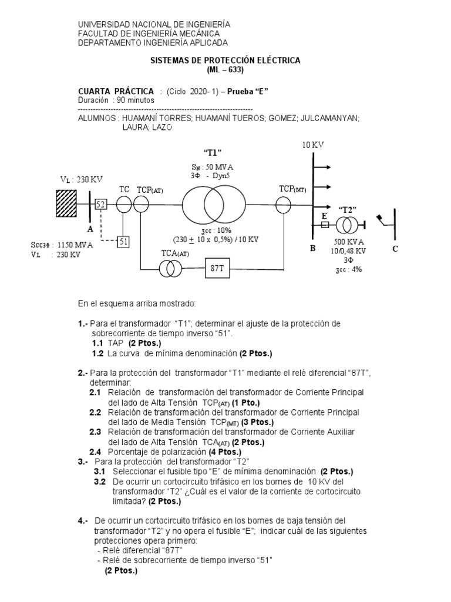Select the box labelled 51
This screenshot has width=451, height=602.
123,240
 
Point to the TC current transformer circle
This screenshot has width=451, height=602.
124,205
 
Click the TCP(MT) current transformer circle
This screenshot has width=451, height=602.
284,205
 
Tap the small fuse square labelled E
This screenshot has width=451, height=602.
324,225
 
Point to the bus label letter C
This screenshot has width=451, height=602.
395,249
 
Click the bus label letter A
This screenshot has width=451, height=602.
90,229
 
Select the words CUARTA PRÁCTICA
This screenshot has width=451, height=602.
116,91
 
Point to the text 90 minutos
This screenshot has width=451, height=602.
136,100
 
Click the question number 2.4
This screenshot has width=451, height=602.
95,451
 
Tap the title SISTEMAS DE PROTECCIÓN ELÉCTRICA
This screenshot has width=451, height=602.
225,61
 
